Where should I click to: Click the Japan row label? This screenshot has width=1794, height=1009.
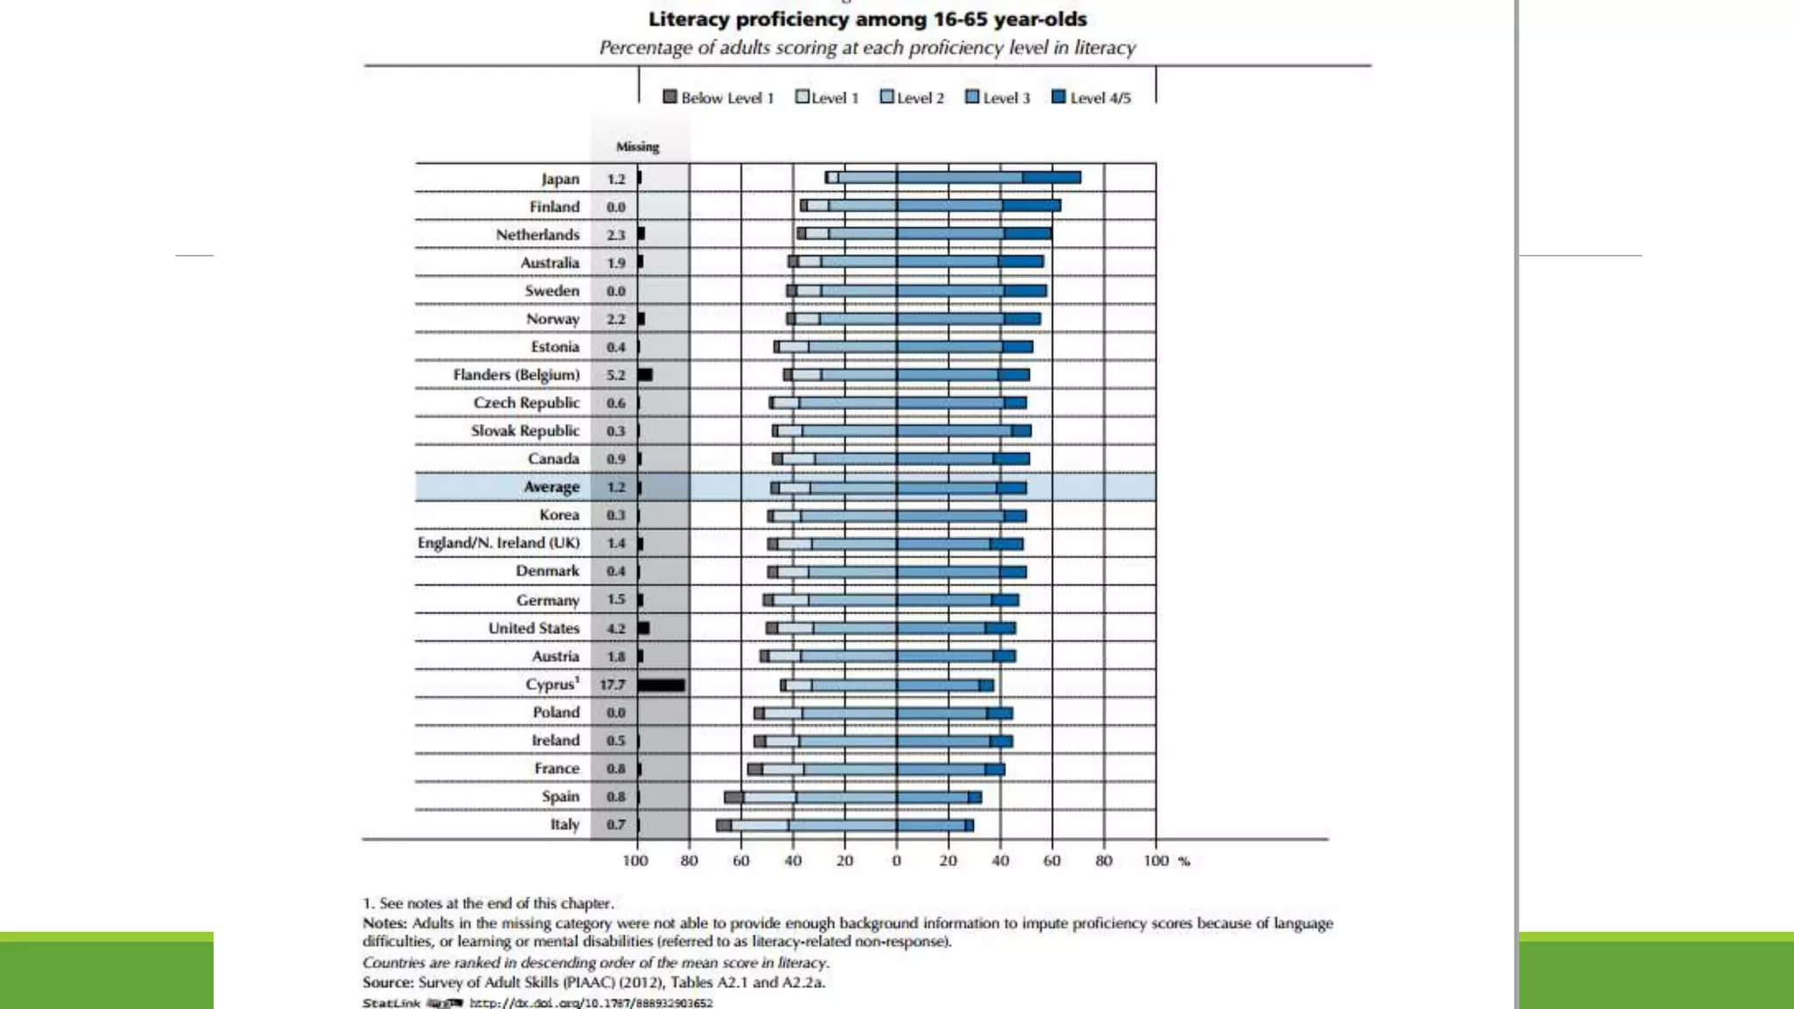(560, 179)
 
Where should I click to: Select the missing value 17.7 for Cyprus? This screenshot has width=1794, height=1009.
(612, 684)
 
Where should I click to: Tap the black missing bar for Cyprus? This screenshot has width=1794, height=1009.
(661, 685)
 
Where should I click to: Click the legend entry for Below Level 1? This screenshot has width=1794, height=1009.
(719, 97)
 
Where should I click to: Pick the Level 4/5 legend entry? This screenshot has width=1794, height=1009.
(1091, 97)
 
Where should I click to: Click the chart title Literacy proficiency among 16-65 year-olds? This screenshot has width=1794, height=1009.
(867, 19)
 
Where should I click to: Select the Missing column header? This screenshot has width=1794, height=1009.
(637, 146)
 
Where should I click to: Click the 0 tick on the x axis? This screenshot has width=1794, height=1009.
(896, 861)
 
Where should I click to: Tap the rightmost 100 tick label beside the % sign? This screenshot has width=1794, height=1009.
(1155, 861)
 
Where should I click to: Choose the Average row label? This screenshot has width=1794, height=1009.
(551, 487)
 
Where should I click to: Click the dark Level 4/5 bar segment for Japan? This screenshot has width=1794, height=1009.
(1051, 178)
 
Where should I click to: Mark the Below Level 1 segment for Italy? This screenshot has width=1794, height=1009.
(724, 825)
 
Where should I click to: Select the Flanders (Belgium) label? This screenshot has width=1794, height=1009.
(516, 375)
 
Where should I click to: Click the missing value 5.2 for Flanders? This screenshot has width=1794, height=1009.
(616, 375)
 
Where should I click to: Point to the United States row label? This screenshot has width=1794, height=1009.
(533, 628)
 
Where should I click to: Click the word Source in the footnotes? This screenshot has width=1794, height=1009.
(387, 982)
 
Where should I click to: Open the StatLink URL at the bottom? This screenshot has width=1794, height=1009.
(590, 1003)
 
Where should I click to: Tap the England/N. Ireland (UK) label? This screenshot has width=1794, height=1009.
(498, 543)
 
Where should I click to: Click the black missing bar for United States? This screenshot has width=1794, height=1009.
(644, 628)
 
